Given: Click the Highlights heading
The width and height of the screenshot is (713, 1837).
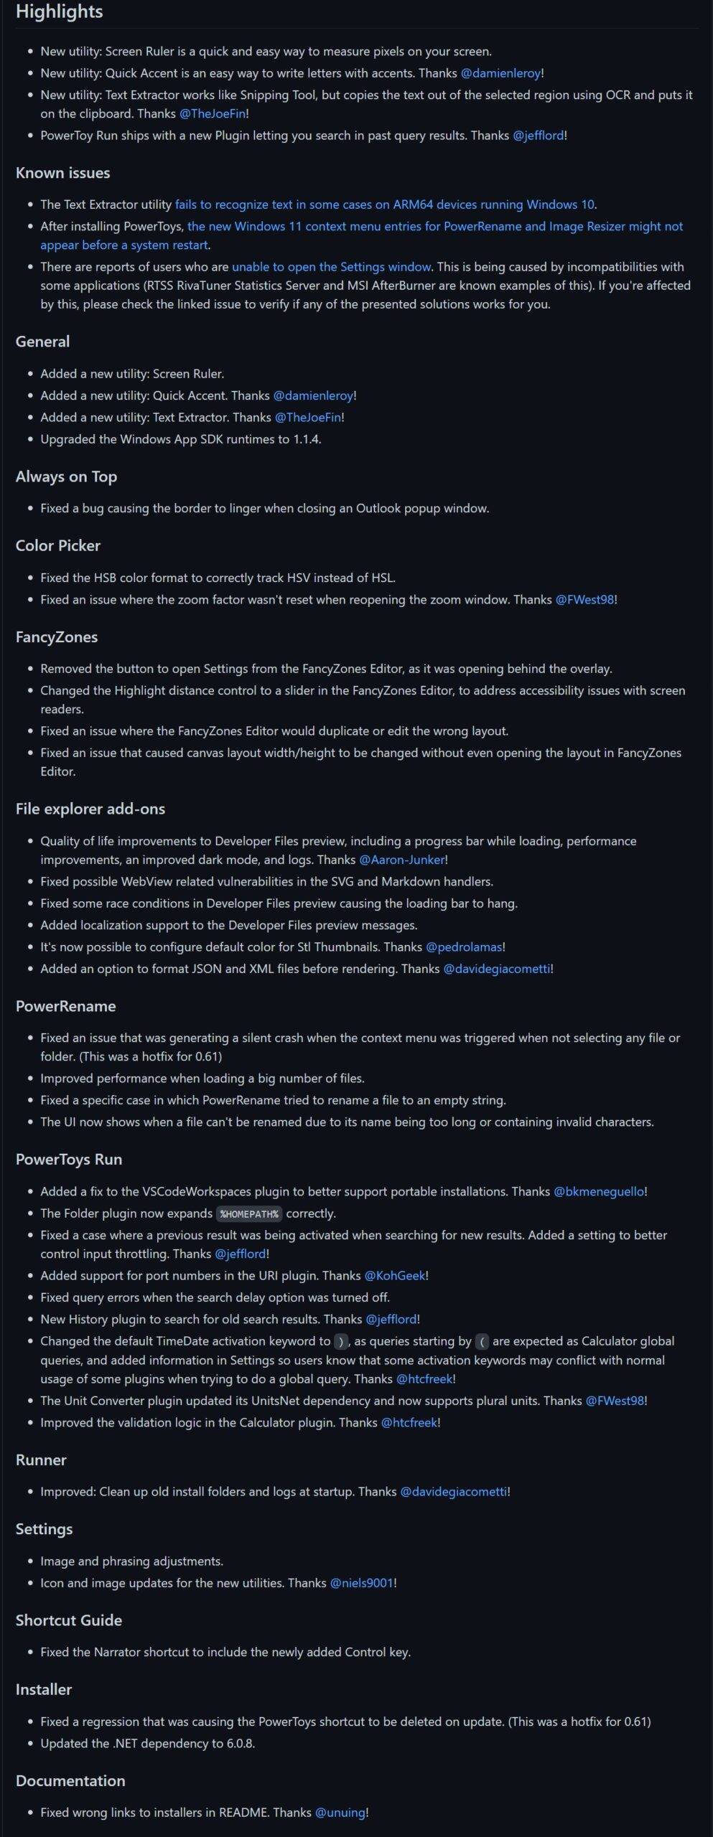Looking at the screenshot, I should tap(59, 12).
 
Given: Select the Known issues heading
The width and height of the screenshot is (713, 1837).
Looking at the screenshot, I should tap(62, 173).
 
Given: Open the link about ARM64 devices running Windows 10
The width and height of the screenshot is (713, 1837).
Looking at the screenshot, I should tap(385, 205).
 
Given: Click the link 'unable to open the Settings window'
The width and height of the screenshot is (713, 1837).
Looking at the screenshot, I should tap(331, 267).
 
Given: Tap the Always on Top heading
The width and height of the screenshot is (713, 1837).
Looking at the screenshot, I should tap(66, 476).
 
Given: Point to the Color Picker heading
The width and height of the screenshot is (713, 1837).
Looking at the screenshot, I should tap(57, 545).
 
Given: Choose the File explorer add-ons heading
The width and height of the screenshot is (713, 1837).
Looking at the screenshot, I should tap(90, 809).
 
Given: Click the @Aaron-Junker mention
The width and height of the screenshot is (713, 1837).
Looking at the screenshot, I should tap(401, 860).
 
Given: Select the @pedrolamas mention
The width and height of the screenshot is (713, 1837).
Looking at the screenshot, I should tap(464, 947).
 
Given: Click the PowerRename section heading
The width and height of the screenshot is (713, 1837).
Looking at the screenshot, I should tap(65, 1006).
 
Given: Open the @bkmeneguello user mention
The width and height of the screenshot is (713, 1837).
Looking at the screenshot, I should tap(599, 1191).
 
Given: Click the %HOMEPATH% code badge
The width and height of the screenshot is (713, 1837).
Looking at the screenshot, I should tap(249, 1213).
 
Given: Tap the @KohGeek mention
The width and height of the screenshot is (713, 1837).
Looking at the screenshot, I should tap(394, 1275).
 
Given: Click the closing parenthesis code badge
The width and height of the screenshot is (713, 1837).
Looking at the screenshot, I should tap(341, 1341).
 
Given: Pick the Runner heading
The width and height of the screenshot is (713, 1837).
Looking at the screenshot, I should tap(41, 1460).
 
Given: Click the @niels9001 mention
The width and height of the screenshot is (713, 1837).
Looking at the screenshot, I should tap(361, 1582).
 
